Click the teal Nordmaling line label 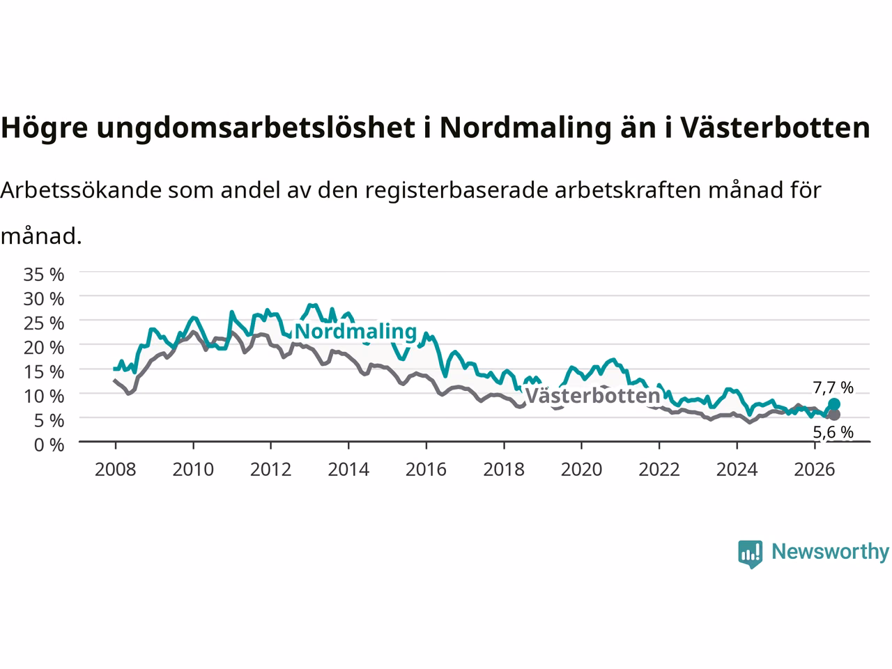coord(355,332)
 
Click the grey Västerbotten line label coord(593,396)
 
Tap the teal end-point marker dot coord(834,404)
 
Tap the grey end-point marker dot coord(834,415)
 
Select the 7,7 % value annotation coord(833,388)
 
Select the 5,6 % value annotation coord(833,432)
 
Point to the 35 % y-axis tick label coord(44,275)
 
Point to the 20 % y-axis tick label coord(44,348)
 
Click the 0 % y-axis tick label coord(49,445)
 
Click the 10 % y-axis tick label coord(44,397)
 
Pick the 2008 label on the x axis coord(116,470)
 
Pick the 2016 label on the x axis coord(426,470)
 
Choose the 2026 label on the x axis coord(815,470)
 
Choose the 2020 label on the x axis coord(581,470)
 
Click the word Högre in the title coord(45,128)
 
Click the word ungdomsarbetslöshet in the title coord(256,128)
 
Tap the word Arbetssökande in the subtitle coord(82,190)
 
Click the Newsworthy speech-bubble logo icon coord(750,554)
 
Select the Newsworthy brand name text coord(831,552)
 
